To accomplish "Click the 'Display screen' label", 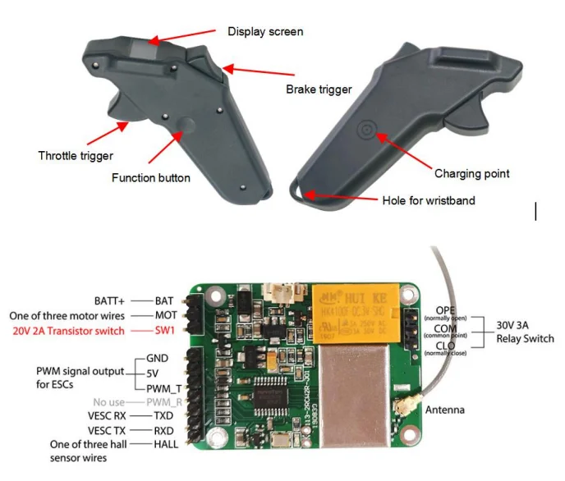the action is pos(264,32).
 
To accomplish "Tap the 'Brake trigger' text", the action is pos(318,89).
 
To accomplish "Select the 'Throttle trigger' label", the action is pos(76,155).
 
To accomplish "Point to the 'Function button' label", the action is pos(151,178).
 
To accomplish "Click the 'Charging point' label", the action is pos(471,173).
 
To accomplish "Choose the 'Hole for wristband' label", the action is pos(427,200).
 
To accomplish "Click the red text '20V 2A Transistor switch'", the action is pos(68,331).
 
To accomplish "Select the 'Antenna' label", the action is pos(444,410).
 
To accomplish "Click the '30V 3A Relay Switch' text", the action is pos(525,332).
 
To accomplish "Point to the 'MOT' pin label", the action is pos(167,316).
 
